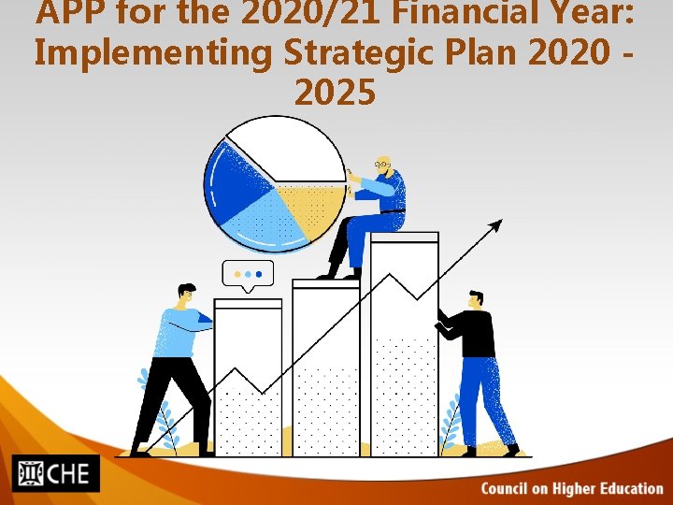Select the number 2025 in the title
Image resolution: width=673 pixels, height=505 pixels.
336,93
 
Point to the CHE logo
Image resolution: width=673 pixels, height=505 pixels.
55,473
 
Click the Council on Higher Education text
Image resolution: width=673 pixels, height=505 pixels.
572,488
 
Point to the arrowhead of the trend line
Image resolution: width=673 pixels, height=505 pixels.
495,224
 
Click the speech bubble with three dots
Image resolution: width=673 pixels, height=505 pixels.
248,274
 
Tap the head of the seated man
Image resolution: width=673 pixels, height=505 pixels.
382,166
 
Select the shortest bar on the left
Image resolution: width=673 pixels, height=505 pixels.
248,374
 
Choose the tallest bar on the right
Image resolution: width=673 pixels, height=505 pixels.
404,346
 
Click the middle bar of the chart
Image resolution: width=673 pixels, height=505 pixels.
325,365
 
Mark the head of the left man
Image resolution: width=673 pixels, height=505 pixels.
186,295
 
